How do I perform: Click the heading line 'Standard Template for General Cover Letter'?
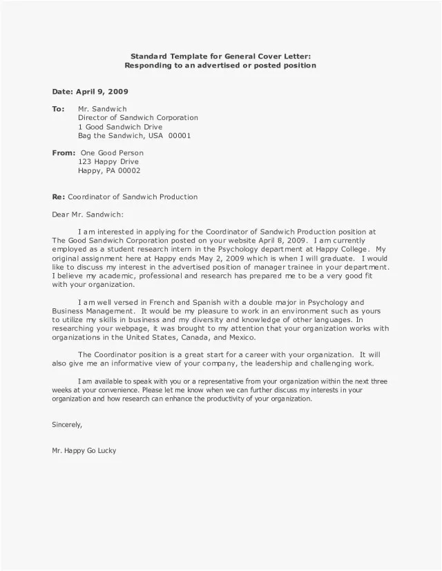(220, 56)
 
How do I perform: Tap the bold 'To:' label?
(58, 109)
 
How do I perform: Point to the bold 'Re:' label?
(58, 197)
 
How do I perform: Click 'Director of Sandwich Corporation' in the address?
(137, 118)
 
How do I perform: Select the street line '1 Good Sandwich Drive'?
(119, 127)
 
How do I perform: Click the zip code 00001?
(180, 136)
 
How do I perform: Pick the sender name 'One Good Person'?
(112, 153)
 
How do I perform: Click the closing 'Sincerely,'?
(68, 425)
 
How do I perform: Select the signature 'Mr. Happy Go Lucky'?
(84, 451)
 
